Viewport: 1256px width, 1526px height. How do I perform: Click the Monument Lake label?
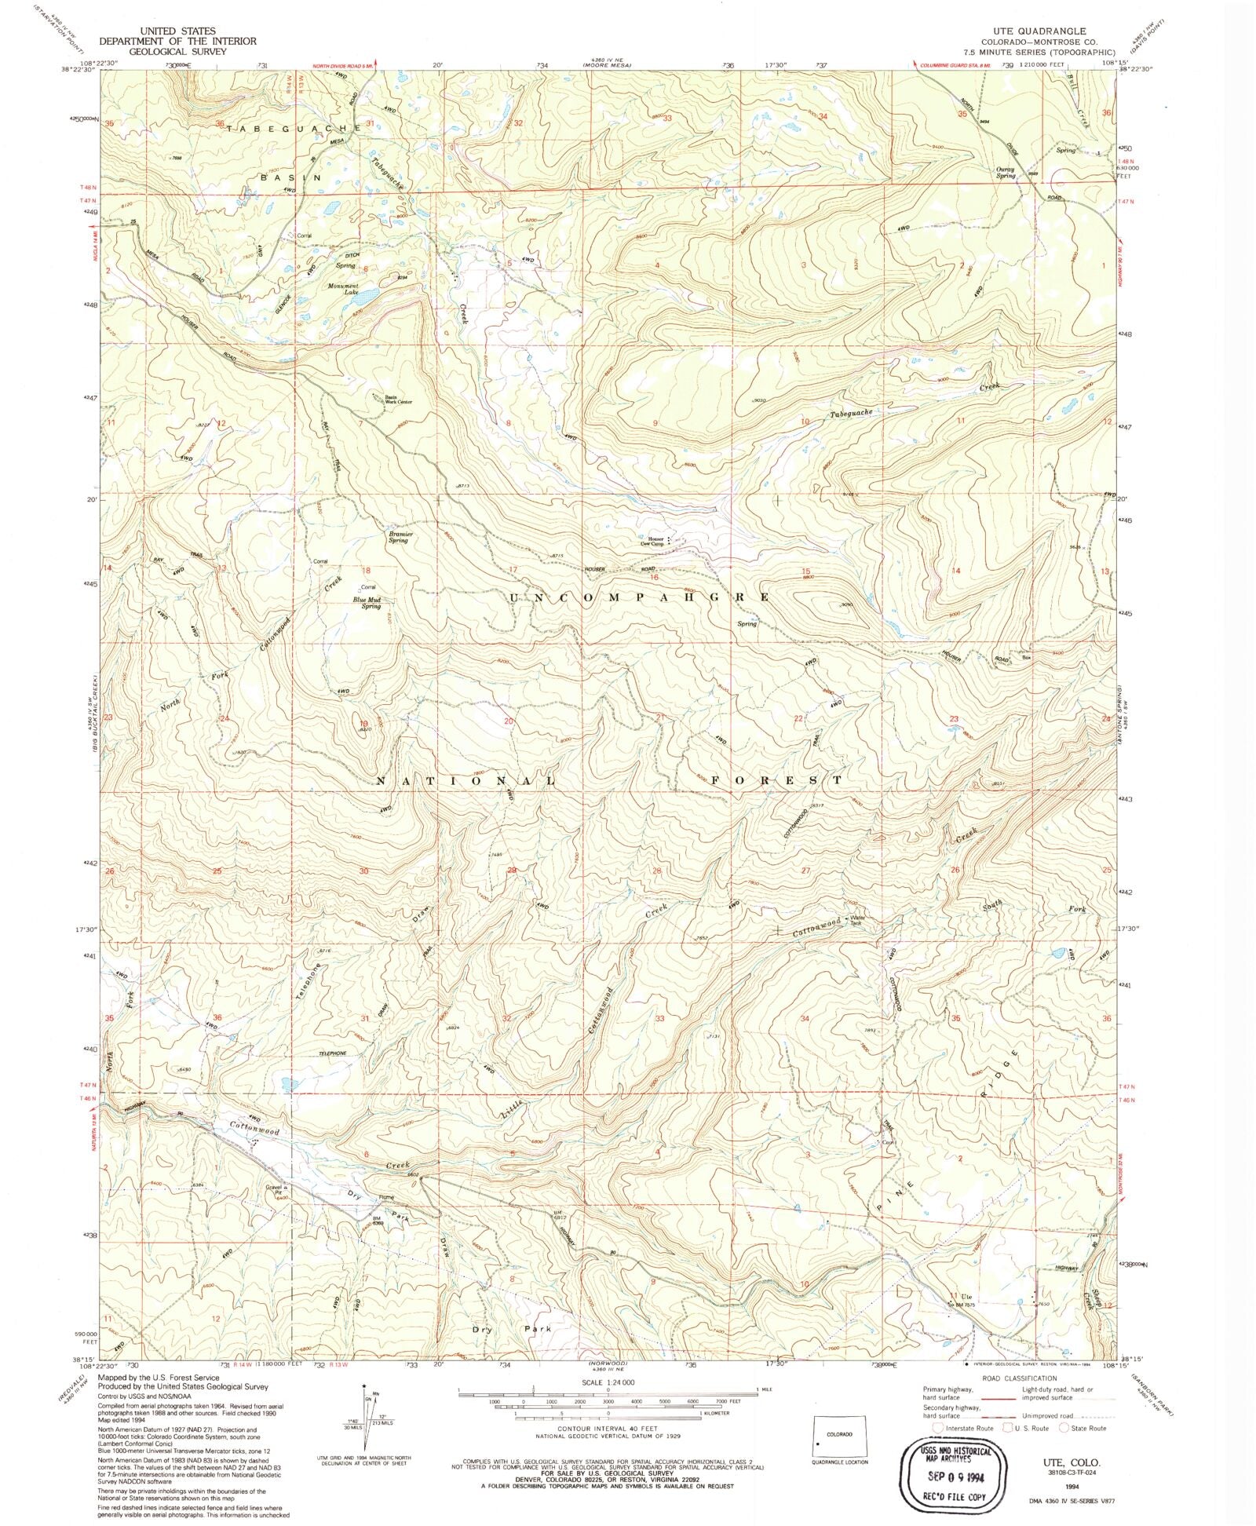tap(344, 289)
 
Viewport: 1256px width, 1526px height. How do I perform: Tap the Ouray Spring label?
tap(1006, 173)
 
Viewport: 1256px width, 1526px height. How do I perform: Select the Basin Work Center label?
tap(397, 400)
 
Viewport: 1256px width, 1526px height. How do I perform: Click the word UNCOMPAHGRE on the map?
tap(639, 597)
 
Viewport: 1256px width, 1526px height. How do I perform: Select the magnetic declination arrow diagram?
tap(369, 1421)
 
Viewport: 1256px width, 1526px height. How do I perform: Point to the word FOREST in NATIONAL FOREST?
tap(769, 780)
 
